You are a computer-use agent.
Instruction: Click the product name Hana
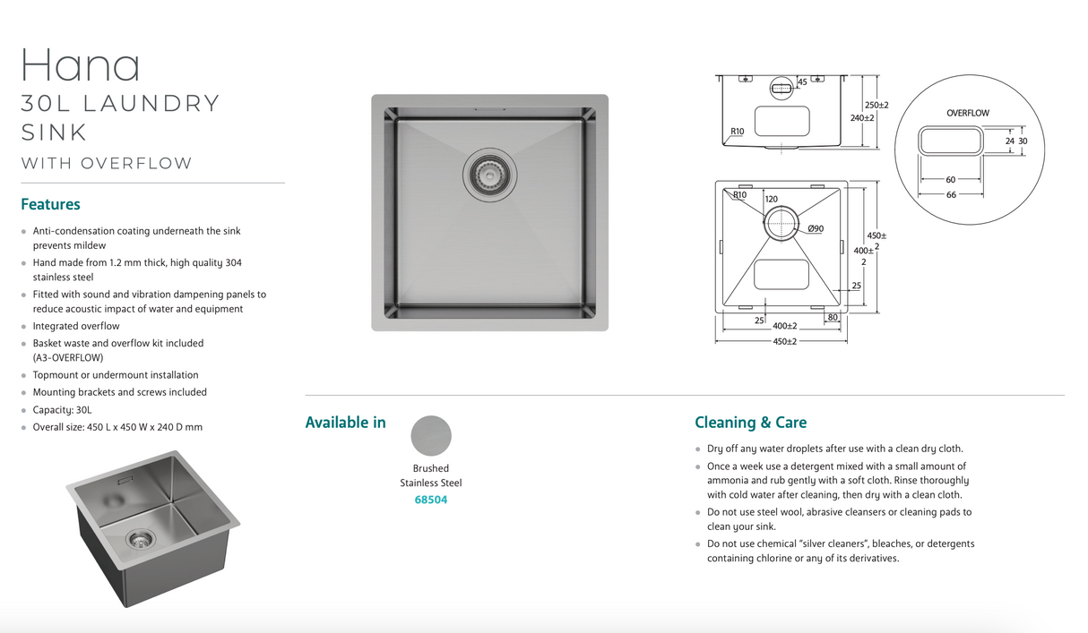(x=81, y=65)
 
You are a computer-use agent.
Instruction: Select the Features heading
(x=50, y=204)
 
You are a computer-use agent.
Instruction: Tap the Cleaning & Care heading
(x=750, y=423)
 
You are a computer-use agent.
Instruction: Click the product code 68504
(x=430, y=500)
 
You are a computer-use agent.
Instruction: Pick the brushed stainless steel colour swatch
(x=431, y=435)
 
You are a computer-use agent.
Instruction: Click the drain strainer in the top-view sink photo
(x=489, y=171)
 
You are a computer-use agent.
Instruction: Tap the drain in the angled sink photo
(x=139, y=538)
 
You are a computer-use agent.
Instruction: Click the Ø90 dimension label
(x=816, y=229)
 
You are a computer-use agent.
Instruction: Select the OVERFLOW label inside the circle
(x=968, y=113)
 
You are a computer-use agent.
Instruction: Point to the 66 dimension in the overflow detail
(x=951, y=194)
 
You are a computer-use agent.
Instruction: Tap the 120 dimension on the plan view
(x=771, y=199)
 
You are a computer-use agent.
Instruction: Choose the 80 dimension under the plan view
(x=832, y=317)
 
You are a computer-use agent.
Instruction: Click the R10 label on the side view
(x=737, y=132)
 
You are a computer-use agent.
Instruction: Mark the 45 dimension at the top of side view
(x=802, y=81)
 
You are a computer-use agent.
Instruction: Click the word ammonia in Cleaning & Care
(x=728, y=480)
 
